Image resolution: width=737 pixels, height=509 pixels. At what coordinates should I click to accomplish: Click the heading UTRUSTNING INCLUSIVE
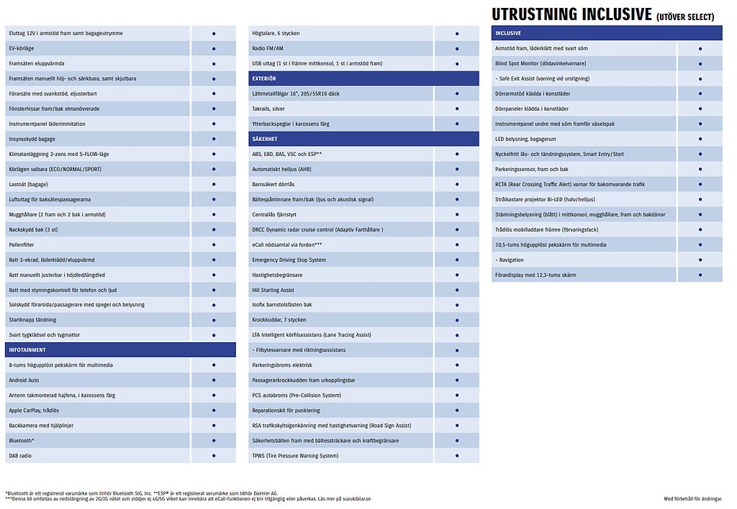pos(571,14)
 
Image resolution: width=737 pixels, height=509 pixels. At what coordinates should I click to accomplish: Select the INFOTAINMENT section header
pos(27,350)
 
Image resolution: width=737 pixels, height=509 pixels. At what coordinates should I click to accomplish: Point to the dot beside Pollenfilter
pos(214,244)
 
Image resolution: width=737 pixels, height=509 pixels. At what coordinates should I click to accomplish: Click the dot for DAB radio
pos(214,456)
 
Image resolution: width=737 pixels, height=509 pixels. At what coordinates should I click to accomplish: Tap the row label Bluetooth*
pos(22,441)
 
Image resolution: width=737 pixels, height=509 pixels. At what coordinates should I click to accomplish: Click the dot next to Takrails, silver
pos(457,109)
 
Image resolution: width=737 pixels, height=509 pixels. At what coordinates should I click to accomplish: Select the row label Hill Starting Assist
pos(273,290)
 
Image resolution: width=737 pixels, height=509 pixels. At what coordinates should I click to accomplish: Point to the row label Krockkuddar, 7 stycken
pos(279,320)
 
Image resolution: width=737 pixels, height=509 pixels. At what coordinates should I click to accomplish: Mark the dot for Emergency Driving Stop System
pos(457,260)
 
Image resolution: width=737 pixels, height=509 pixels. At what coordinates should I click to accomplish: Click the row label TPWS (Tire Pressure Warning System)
pos(295,456)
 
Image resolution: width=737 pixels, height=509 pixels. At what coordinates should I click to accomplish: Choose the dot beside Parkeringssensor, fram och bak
pos(700,170)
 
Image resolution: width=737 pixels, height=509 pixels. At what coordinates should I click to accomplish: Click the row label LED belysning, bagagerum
pos(525,139)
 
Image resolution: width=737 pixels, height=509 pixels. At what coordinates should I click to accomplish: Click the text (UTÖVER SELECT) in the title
pos(685,17)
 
